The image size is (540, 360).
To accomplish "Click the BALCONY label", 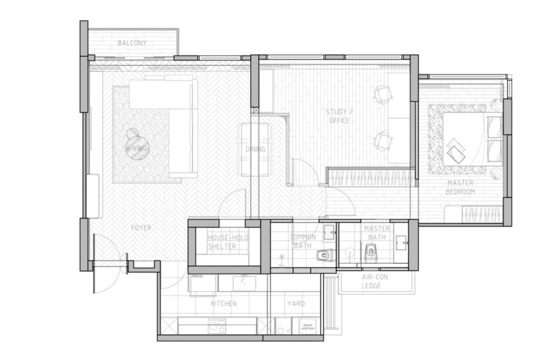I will point(132,44).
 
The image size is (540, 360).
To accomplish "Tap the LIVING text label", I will point(137,149).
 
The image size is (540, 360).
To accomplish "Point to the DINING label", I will point(255,149).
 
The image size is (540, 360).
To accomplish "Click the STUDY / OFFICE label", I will point(339,116).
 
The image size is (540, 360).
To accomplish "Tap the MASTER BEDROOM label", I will point(461,187).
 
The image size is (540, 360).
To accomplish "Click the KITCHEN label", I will point(224,304).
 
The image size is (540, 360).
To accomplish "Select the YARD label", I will point(296,304).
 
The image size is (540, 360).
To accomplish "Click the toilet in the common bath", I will point(323,255).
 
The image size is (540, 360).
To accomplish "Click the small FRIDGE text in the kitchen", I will point(196,276).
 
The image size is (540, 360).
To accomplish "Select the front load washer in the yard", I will point(307,327).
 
